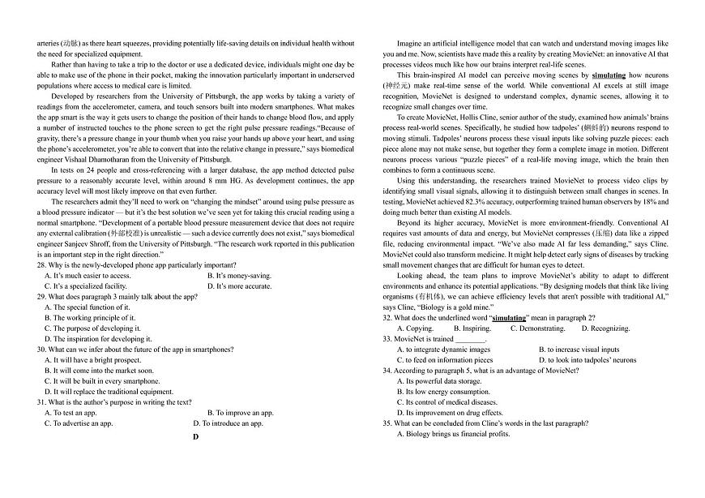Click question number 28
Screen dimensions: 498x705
click(41, 265)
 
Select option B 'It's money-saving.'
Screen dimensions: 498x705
click(239, 276)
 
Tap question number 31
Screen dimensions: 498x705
click(41, 402)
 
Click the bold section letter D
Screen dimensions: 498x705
click(195, 436)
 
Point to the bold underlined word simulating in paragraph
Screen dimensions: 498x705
click(609, 75)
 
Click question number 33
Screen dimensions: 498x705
click(387, 339)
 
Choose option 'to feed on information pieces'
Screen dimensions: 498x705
click(444, 360)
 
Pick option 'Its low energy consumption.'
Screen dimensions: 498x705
click(443, 392)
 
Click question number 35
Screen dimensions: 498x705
click(387, 423)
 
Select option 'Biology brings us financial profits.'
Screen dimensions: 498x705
click(453, 434)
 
